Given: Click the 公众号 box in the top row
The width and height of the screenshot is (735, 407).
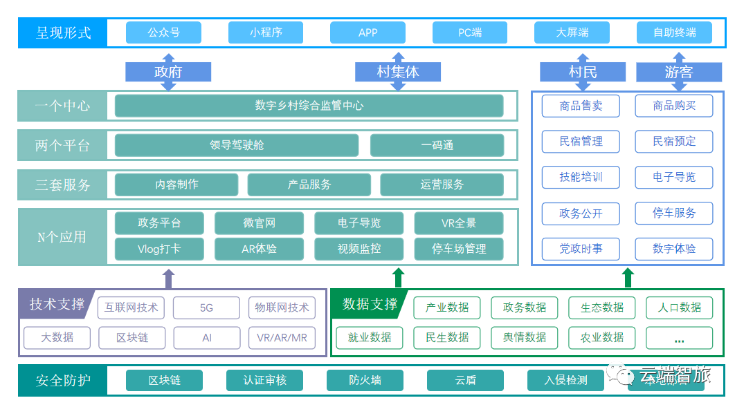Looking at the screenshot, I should coord(163,32).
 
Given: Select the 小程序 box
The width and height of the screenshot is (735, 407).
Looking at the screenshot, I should coord(266,32).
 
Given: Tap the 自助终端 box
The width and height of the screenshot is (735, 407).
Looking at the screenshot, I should coord(674,32).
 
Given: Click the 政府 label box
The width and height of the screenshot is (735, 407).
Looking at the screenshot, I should coord(168,71).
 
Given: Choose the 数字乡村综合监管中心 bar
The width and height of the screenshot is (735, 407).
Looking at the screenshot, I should coord(309,106).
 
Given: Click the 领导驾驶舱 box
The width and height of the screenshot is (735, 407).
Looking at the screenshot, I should coord(237,145).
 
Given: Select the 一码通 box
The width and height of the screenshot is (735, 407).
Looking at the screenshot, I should coord(437,145).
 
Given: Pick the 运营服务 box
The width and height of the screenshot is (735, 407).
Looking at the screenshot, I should coord(442,184).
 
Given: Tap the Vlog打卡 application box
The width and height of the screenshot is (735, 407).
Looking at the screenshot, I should coord(159,249).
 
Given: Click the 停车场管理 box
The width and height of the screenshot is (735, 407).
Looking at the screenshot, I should coord(459,249).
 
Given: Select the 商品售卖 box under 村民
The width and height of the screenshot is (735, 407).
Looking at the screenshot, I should coord(581,106).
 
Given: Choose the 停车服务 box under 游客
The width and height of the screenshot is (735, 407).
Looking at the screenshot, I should coord(674,213).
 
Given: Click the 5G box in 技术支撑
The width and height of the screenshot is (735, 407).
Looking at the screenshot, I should coord(206,307).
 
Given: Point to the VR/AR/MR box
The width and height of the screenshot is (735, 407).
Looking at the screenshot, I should coord(281,338).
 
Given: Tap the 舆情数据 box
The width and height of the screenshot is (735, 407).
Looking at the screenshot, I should coord(524,338).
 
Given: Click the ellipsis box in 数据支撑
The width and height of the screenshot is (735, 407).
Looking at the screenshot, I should coord(679,338).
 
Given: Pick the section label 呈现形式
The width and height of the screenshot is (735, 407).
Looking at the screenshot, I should coord(63,32).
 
